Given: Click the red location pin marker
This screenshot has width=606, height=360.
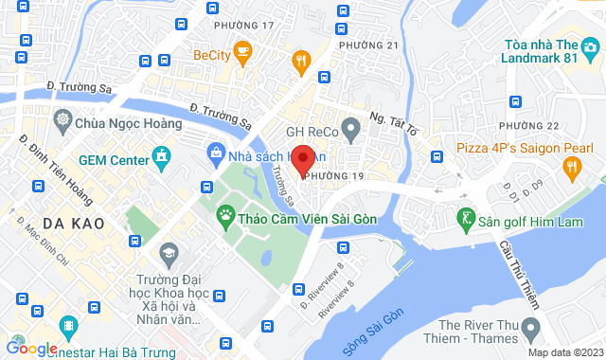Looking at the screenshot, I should [x=302, y=159].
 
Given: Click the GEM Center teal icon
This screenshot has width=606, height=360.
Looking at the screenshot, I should [x=162, y=154].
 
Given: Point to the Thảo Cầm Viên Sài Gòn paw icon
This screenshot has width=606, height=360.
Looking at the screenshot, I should [x=225, y=216].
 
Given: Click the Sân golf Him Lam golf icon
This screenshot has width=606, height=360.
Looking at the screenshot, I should [x=464, y=219].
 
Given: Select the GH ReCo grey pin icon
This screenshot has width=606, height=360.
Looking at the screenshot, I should [x=349, y=126].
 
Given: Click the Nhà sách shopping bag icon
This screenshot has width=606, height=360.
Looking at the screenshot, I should [x=217, y=153].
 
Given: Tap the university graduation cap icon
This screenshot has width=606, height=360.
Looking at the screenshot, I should [x=169, y=252].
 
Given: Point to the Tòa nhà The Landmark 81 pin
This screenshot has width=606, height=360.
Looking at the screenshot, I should [x=592, y=45].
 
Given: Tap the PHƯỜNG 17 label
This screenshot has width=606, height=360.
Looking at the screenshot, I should [x=243, y=26].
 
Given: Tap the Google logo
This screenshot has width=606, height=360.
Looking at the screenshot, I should [x=31, y=349].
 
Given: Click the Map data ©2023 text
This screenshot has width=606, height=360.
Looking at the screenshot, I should [x=563, y=352].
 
